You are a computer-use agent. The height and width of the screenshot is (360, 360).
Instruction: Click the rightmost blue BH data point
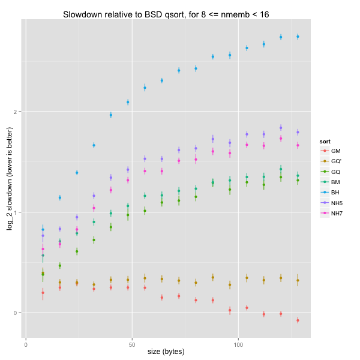tap(298, 37)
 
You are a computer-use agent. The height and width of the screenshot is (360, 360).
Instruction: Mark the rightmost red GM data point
tap(298, 320)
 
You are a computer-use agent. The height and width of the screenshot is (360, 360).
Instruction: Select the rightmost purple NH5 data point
tap(298, 132)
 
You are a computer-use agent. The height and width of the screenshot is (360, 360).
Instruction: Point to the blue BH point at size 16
tap(59, 197)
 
